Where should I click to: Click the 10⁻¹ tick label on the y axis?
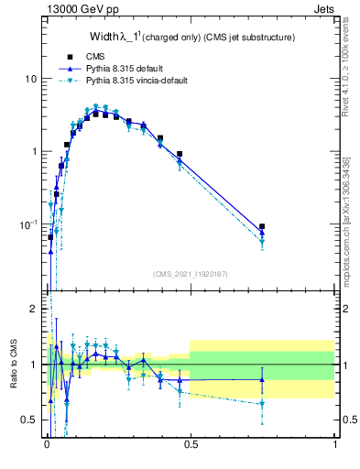pyautogui.click(x=27, y=224)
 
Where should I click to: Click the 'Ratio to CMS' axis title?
pyautogui.click(x=14, y=365)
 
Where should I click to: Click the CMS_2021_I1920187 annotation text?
pyautogui.click(x=190, y=273)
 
